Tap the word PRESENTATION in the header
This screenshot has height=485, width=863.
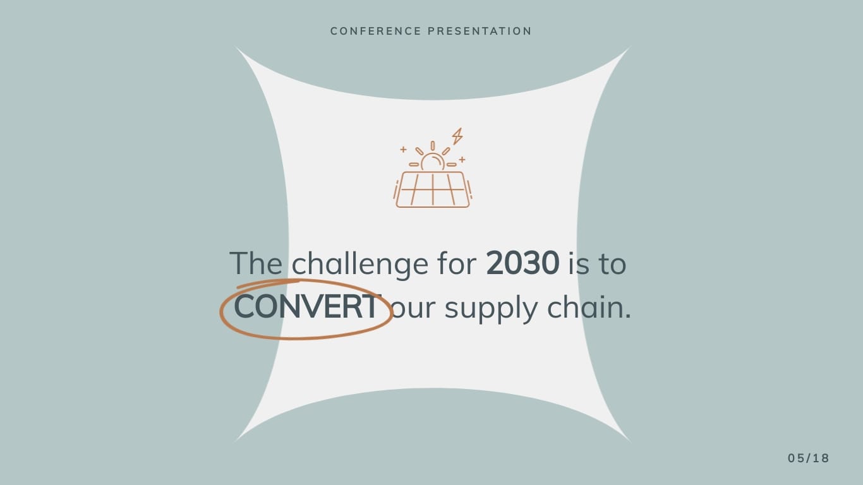pos(480,31)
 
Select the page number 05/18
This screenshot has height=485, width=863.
pos(808,458)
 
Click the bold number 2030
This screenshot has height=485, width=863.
pos(522,263)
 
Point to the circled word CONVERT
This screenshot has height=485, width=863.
pos(306,308)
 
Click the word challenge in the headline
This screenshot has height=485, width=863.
pos(359,264)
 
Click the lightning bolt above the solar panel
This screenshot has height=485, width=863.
pos(457,136)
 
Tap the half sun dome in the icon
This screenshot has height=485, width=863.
pos(433,163)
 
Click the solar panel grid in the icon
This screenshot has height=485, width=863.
pos(433,189)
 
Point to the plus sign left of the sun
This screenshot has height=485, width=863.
pos(403,150)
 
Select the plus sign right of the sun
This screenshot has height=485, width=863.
pos(462,160)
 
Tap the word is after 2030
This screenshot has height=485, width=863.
pos(578,263)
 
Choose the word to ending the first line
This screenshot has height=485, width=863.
pos(612,264)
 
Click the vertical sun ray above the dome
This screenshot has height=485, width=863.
pos(433,146)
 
